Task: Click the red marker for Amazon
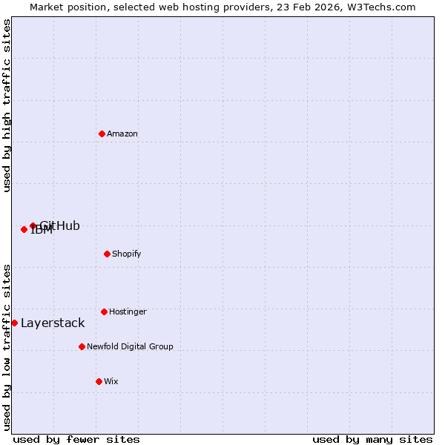click(x=102, y=133)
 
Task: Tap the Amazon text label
click(x=122, y=134)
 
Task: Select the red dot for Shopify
click(x=107, y=254)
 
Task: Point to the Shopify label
click(x=127, y=254)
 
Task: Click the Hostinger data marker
click(x=104, y=311)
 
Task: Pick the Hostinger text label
click(x=128, y=312)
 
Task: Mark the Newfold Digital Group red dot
click(x=82, y=346)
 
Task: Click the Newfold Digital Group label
click(x=130, y=347)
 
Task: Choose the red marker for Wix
click(x=99, y=381)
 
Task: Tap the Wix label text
click(x=111, y=382)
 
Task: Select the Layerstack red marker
click(x=14, y=323)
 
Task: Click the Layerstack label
click(x=53, y=323)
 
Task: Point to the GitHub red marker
click(x=33, y=225)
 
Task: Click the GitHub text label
click(x=60, y=226)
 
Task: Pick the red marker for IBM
click(x=24, y=229)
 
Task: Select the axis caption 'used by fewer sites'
click(x=76, y=439)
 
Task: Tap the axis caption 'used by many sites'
click(x=372, y=439)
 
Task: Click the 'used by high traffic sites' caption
click(x=7, y=105)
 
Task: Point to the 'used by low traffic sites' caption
click(x=7, y=347)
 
